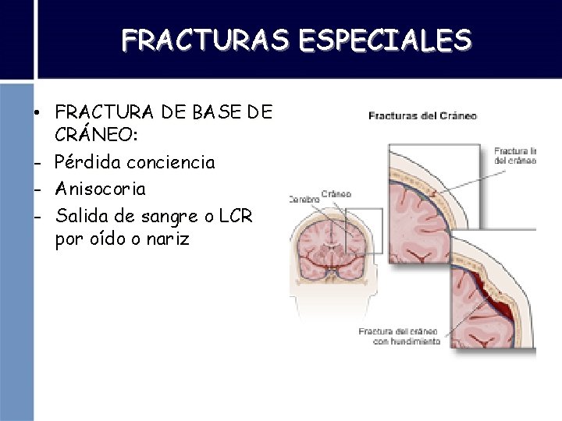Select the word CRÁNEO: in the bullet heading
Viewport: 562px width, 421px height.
97,136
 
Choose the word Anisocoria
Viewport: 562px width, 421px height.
101,189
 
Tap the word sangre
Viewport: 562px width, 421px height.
159,215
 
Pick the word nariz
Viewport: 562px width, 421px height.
167,239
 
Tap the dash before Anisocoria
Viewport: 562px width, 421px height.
37,189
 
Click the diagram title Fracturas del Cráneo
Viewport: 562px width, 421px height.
422,116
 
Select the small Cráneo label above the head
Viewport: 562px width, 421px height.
336,193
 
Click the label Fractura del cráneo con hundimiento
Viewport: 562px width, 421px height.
399,336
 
